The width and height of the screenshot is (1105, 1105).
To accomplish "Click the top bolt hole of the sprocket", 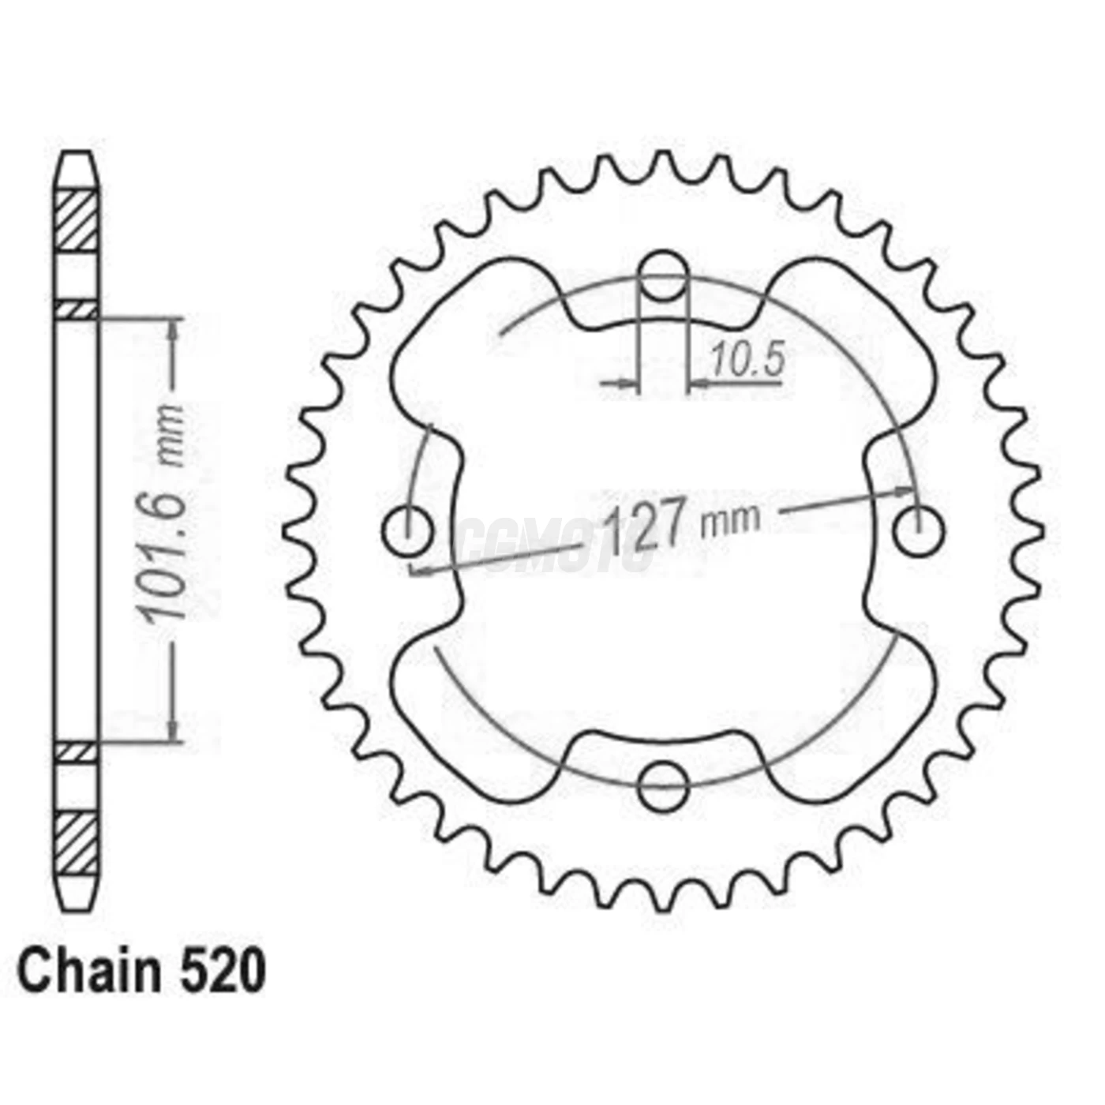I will tap(663, 275).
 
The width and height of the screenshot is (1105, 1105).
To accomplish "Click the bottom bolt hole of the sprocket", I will tap(663, 786).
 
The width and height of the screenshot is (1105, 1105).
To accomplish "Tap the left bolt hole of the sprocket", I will tap(408, 530).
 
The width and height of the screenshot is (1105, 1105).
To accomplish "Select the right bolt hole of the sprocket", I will tap(918, 530).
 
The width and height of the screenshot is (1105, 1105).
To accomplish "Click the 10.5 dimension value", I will tap(747, 360).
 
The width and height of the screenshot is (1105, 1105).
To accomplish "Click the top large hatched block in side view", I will tap(77, 221).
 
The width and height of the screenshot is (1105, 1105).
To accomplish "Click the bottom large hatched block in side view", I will tap(77, 843).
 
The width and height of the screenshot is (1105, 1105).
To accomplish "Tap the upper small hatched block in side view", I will tap(77, 310).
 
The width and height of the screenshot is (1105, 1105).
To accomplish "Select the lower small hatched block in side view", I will tap(77, 752).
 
